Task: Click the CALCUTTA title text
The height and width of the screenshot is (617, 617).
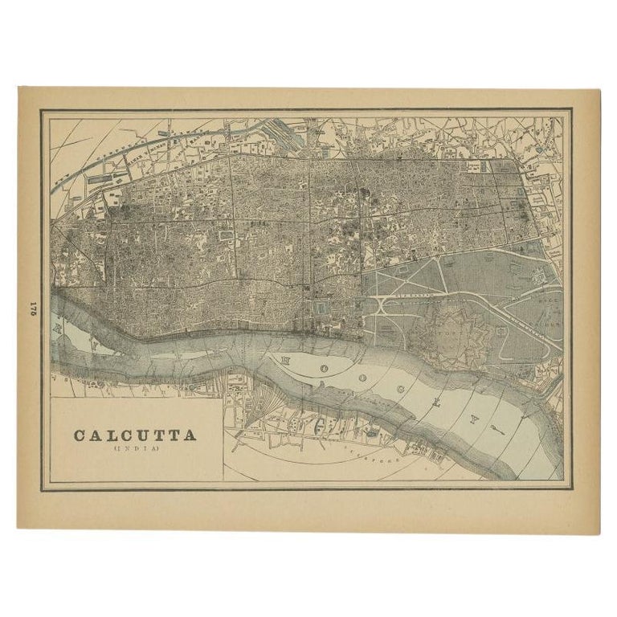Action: click(135, 435)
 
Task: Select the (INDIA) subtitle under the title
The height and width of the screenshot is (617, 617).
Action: click(134, 449)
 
